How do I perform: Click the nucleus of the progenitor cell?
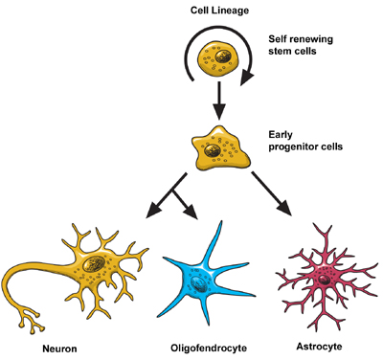coord(223,145)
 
